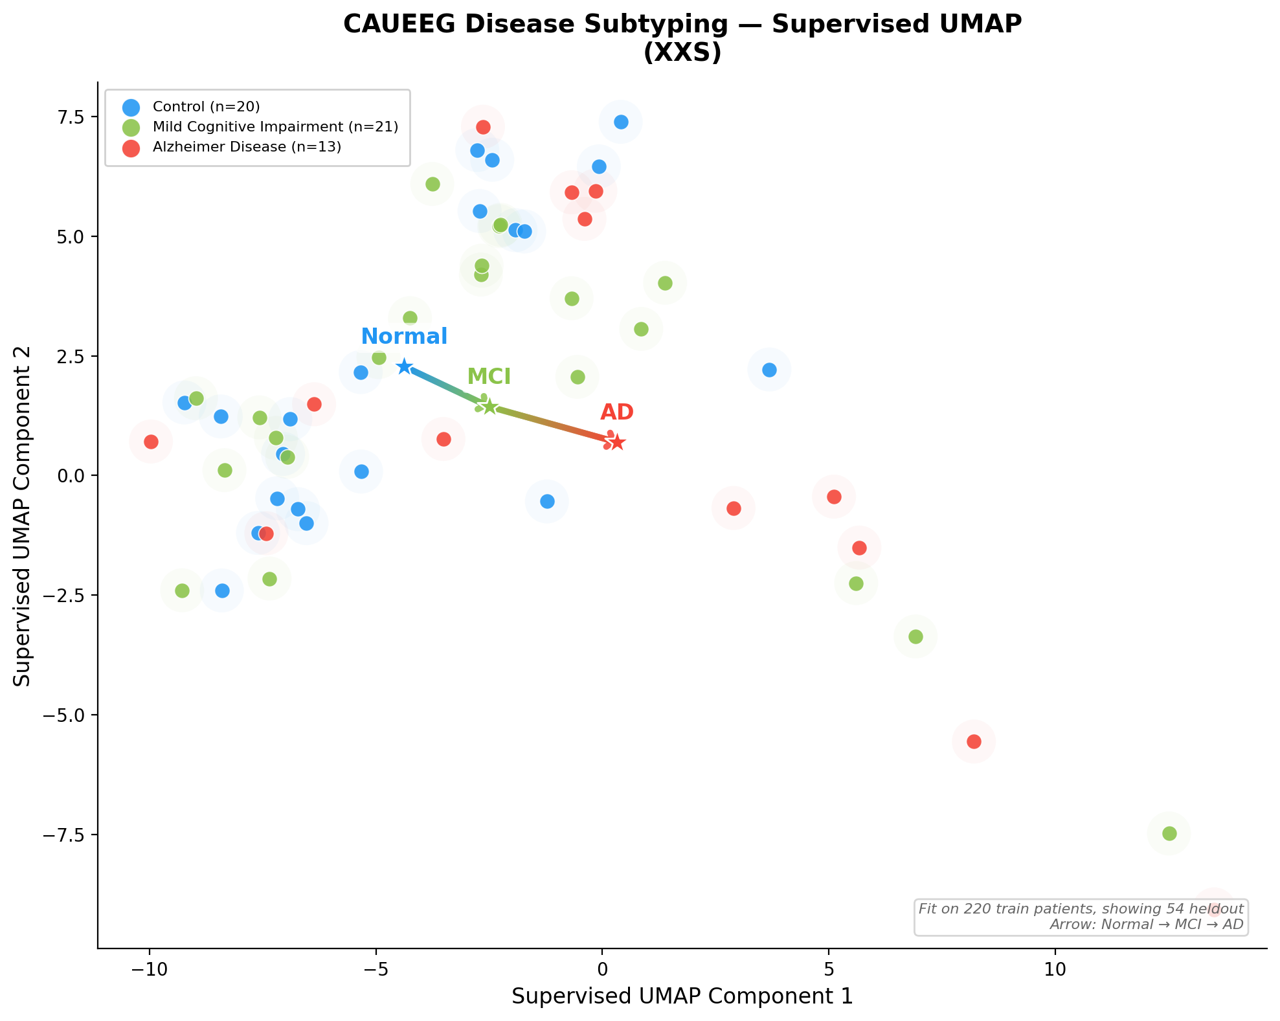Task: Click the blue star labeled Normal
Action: (x=405, y=366)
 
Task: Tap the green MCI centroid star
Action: (x=489, y=407)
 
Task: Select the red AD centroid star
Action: (x=617, y=442)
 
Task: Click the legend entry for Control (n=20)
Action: (x=206, y=107)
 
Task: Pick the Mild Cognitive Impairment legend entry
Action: (x=275, y=127)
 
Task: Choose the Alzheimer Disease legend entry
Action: (x=246, y=147)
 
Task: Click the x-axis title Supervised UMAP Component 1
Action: (x=682, y=997)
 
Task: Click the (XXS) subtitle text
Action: (x=682, y=53)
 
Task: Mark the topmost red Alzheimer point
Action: (x=483, y=127)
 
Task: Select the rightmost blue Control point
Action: (x=769, y=370)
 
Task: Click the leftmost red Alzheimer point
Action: (x=151, y=442)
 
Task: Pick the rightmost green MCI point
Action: (x=1169, y=833)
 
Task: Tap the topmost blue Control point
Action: (x=621, y=122)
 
